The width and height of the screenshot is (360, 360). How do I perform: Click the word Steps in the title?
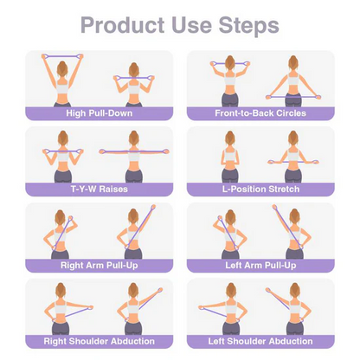click(251, 25)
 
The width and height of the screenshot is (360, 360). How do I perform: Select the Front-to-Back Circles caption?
click(262, 112)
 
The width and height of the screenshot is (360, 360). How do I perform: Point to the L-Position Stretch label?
click(262, 189)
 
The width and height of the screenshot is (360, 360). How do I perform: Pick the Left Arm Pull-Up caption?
click(262, 265)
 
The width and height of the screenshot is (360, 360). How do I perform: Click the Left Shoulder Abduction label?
click(262, 341)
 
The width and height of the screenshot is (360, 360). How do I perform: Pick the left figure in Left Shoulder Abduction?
click(228, 312)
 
